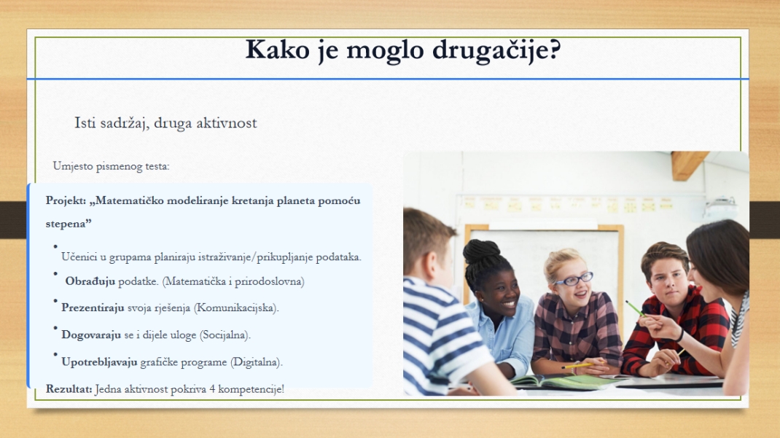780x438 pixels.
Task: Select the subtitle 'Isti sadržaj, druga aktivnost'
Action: coord(165,122)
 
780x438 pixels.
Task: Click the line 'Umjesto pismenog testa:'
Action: coord(111,166)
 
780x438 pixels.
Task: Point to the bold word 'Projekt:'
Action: coord(66,200)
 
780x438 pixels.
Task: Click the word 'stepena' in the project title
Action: coord(69,223)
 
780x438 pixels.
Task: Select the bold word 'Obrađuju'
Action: coord(90,281)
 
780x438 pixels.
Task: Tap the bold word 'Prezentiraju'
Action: coord(93,308)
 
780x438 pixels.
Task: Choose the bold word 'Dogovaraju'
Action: coord(90,335)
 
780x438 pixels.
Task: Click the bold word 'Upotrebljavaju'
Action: coord(99,362)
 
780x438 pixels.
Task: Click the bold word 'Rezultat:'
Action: coord(69,389)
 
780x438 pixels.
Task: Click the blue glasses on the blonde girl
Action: coord(573,279)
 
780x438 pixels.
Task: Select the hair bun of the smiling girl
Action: coord(482,251)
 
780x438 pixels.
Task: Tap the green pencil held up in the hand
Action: coord(634,308)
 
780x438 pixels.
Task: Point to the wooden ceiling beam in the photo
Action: coord(687,165)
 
